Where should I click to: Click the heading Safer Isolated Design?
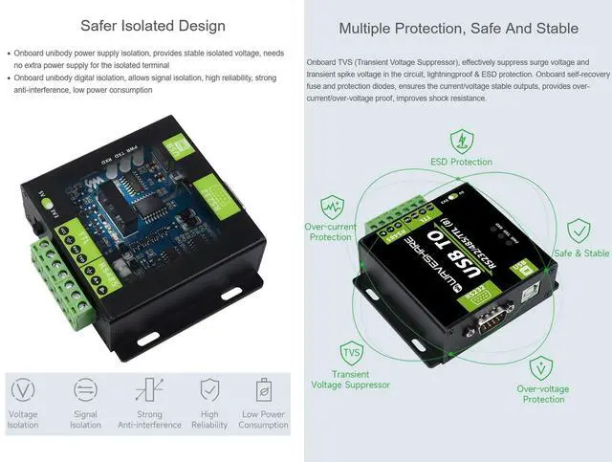point(153,26)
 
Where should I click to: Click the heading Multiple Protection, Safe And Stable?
point(459,29)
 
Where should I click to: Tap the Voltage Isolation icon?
point(23,390)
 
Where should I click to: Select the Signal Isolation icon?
point(85,390)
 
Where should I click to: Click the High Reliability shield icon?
point(209,390)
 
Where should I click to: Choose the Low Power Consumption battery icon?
point(263,390)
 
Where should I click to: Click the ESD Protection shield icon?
point(461,142)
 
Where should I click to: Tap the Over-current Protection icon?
point(332,207)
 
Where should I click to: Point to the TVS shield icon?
point(351,352)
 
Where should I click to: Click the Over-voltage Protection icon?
point(542,367)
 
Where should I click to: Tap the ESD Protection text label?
point(461,163)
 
